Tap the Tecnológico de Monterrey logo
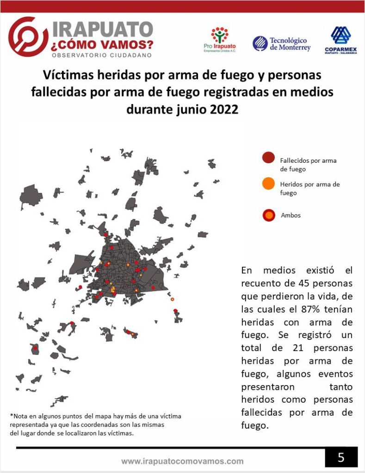(282, 44)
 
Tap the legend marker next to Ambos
(268, 215)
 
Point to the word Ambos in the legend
(291, 215)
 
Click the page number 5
(341, 457)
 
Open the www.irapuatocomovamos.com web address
(182, 461)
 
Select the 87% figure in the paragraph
(296, 309)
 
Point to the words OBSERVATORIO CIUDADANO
(102, 55)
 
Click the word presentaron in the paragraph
(266, 387)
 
